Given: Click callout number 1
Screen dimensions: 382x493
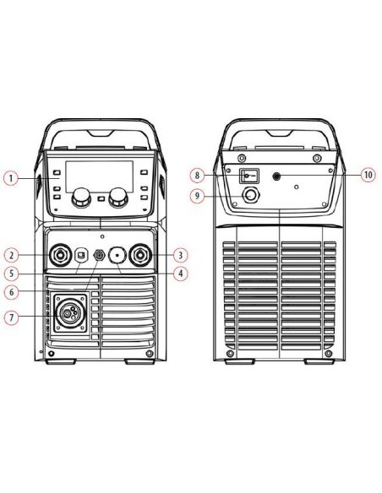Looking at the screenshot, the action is [11, 178].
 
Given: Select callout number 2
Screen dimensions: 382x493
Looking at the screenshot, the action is [11, 255].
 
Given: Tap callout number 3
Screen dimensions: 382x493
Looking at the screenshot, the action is [180, 255].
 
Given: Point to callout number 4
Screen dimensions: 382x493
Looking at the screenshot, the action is [180, 274].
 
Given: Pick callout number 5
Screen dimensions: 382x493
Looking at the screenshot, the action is [11, 274].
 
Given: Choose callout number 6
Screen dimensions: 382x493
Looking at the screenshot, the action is [11, 292].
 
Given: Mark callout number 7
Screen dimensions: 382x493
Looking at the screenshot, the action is [11, 317].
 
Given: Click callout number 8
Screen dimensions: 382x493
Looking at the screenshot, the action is [197, 175].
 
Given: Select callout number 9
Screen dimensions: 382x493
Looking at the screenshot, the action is [197, 196].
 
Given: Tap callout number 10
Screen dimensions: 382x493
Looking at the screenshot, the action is [368, 175].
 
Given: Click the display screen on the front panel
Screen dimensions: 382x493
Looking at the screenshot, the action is [100, 176].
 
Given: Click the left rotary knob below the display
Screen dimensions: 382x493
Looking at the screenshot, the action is [81, 198].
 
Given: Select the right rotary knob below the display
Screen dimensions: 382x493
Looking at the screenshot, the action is [118, 198].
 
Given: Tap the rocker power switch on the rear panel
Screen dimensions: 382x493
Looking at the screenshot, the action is [249, 176].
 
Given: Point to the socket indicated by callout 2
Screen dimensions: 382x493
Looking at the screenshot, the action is [59, 255].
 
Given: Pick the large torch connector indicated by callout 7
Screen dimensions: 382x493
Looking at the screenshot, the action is [69, 313].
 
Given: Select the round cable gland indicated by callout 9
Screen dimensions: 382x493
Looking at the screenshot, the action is [250, 196].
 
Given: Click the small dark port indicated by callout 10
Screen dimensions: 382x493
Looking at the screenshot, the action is [276, 176].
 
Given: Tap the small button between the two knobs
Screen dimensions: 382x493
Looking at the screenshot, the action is [101, 198].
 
